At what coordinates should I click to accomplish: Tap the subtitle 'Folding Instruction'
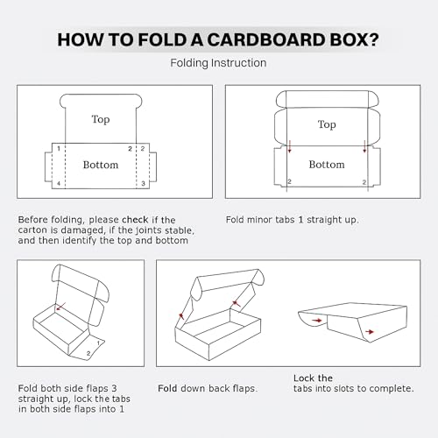click(218, 63)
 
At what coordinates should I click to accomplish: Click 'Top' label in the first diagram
click(101, 119)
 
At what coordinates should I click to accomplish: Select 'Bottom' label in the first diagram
click(101, 165)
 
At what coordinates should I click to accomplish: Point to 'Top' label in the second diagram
click(327, 124)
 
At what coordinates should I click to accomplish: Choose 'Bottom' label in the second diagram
click(327, 165)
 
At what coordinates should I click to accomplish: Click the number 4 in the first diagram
click(59, 184)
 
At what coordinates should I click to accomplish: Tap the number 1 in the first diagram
click(59, 150)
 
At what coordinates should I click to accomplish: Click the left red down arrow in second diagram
click(289, 149)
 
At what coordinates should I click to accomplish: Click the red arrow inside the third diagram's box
click(60, 308)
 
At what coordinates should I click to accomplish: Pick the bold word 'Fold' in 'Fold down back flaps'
click(168, 387)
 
